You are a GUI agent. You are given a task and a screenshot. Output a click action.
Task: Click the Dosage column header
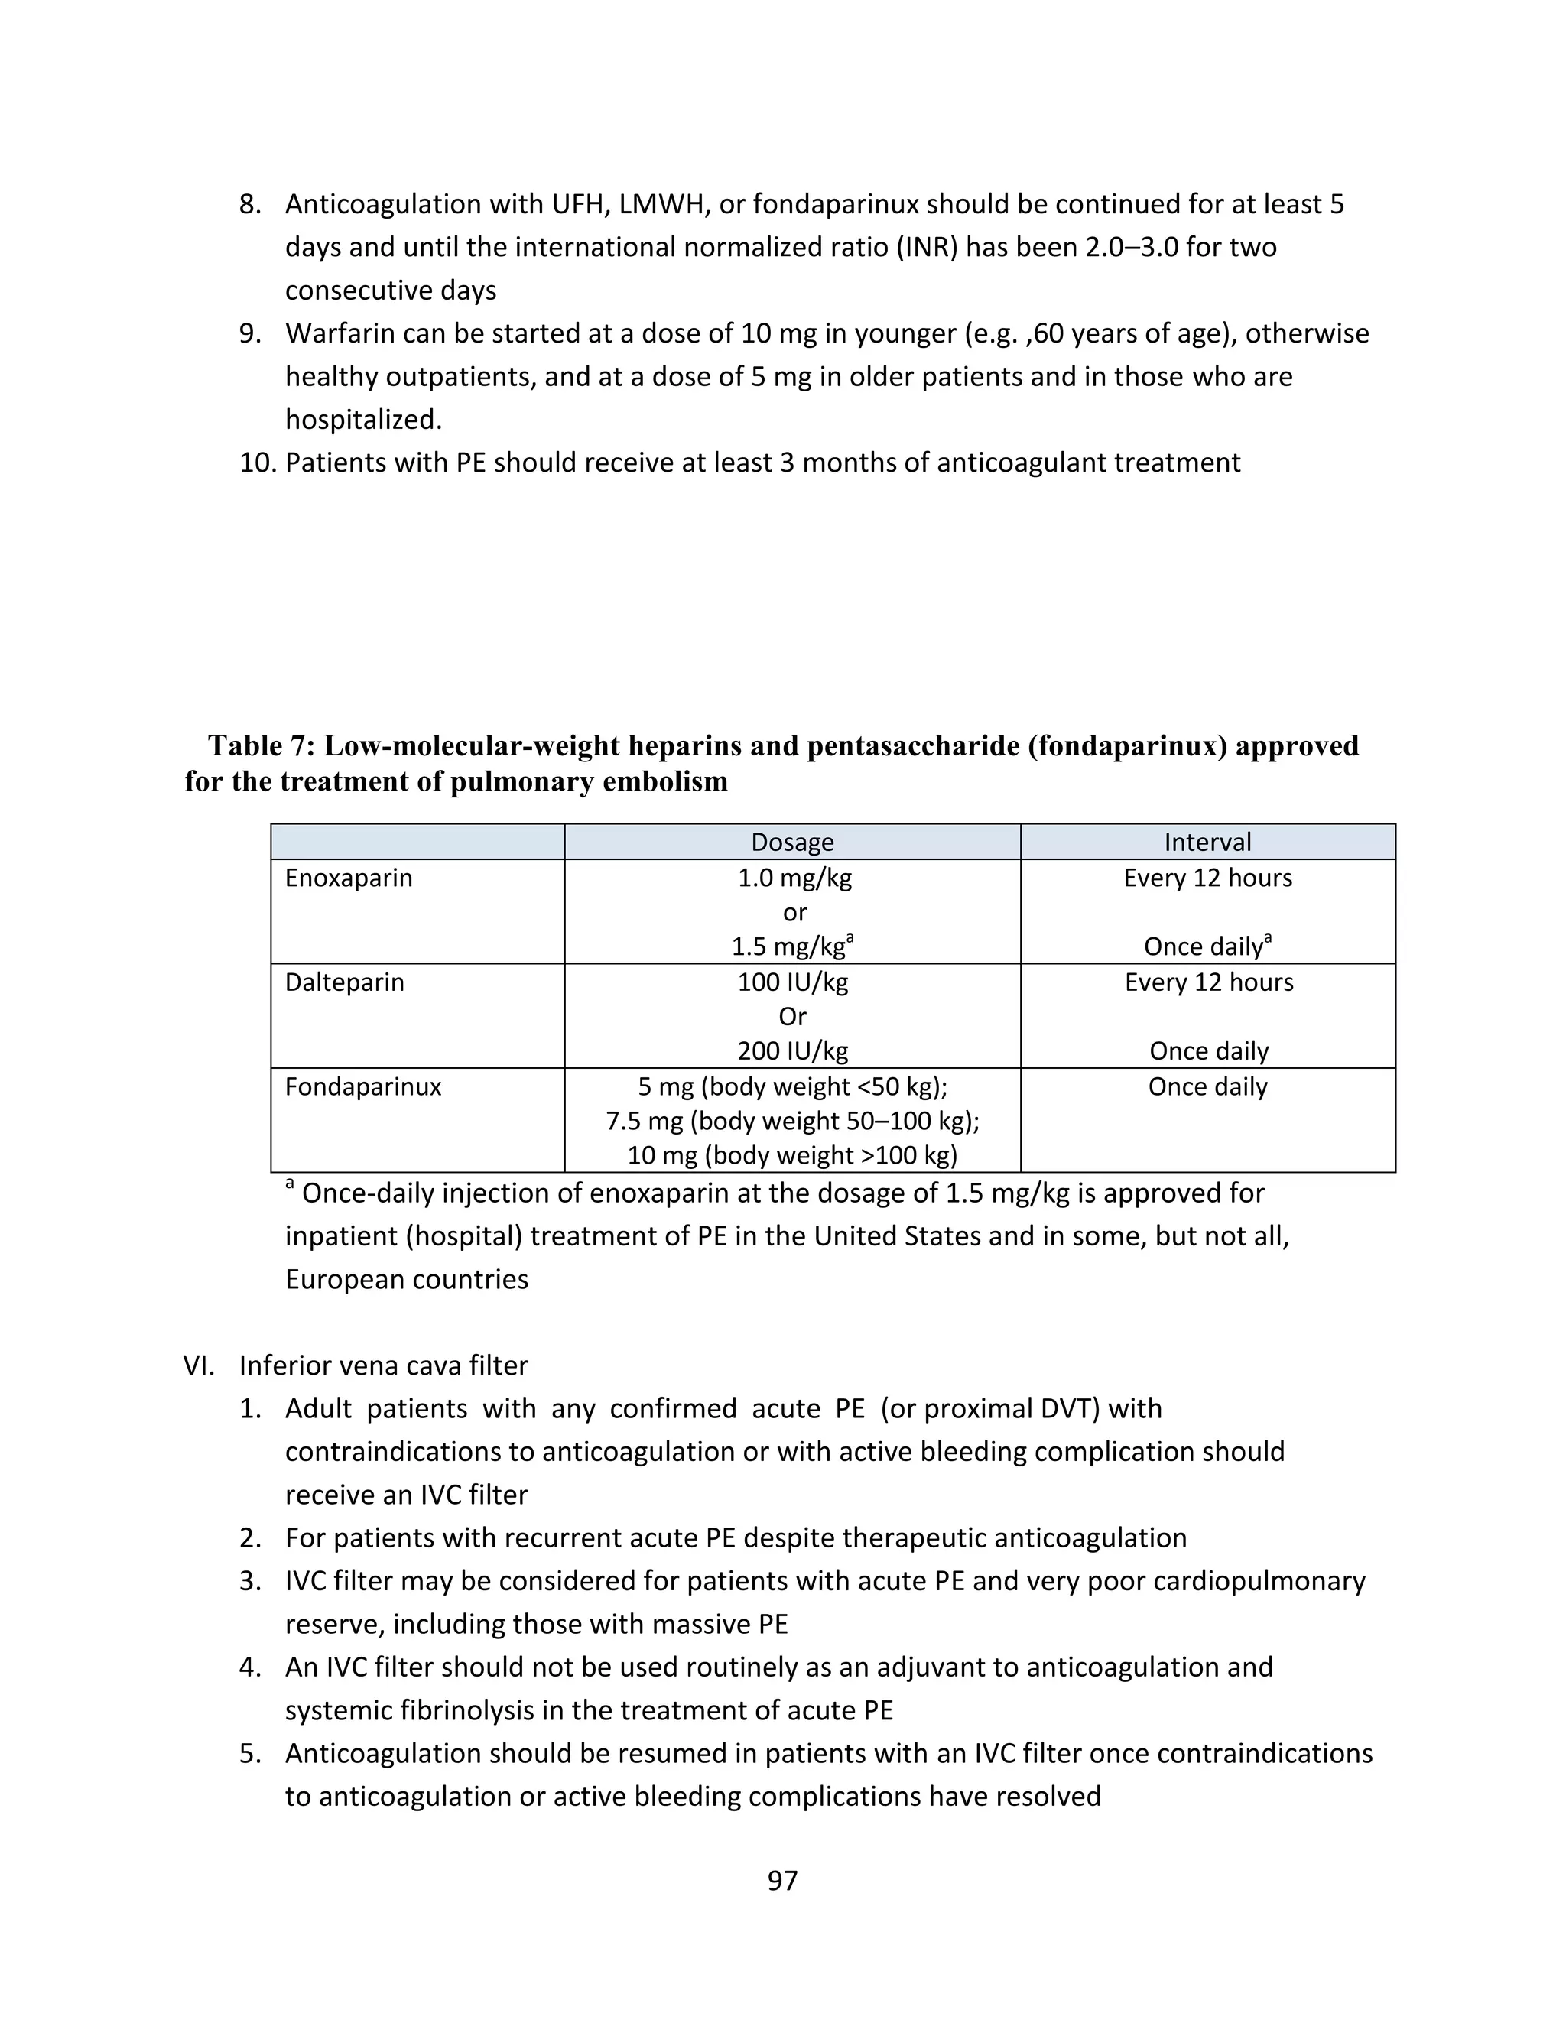pos(792,842)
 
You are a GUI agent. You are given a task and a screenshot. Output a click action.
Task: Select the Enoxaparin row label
pos(348,878)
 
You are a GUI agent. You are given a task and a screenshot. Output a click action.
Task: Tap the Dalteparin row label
pos(344,982)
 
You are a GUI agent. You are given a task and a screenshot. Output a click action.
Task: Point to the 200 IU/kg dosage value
pos(792,1051)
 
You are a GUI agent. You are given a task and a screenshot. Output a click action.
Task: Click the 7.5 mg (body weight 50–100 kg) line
pos(792,1121)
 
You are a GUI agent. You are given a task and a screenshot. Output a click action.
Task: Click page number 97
pos(782,1881)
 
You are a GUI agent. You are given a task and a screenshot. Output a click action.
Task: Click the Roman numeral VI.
pos(199,1365)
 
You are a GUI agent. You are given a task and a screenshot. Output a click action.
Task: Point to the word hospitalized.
pos(362,420)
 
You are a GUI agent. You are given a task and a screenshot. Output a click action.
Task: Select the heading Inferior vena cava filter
pos(383,1365)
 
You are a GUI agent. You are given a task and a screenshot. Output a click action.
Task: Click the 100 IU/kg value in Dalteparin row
pos(792,982)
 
